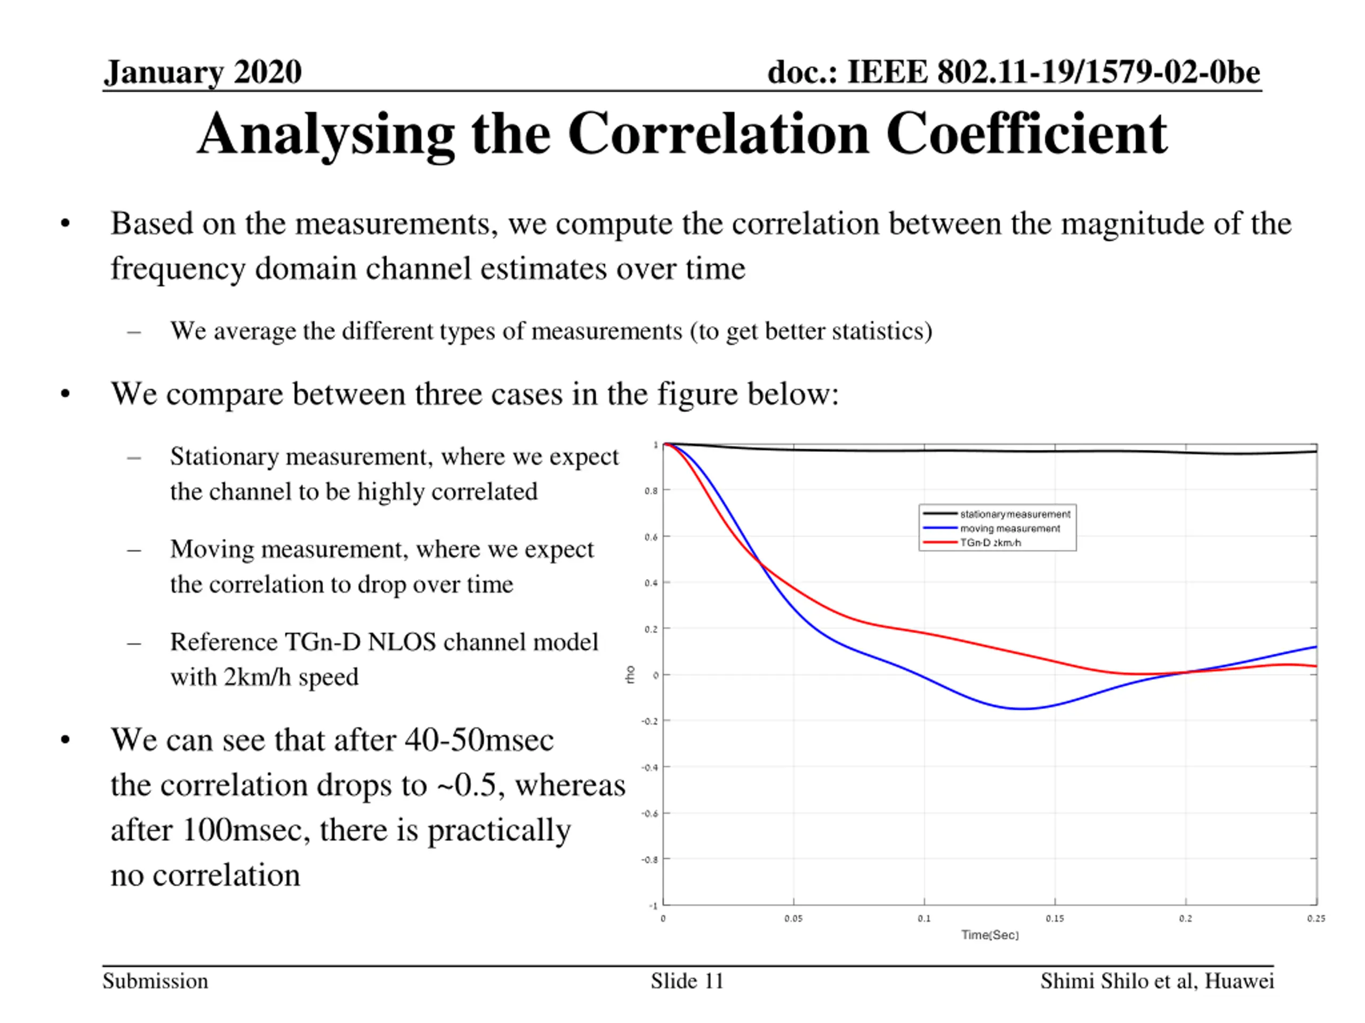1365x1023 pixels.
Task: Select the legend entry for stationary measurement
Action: pyautogui.click(x=1015, y=514)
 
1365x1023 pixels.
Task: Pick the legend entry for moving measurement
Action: pyautogui.click(x=1009, y=529)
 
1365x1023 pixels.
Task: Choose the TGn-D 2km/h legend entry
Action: pyautogui.click(x=990, y=542)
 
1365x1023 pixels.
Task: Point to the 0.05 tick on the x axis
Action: pyautogui.click(x=793, y=919)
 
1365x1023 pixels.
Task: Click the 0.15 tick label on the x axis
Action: pyautogui.click(x=1055, y=919)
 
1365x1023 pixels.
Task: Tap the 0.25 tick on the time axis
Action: pyautogui.click(x=1315, y=919)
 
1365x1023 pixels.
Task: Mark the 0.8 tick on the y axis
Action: pyautogui.click(x=651, y=491)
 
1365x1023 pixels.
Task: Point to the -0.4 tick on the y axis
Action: pyautogui.click(x=650, y=768)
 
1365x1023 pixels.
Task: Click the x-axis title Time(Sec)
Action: pyautogui.click(x=990, y=935)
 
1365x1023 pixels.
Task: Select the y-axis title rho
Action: pyautogui.click(x=629, y=674)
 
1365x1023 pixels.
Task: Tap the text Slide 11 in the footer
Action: pyautogui.click(x=687, y=981)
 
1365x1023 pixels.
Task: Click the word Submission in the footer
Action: pyautogui.click(x=156, y=981)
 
